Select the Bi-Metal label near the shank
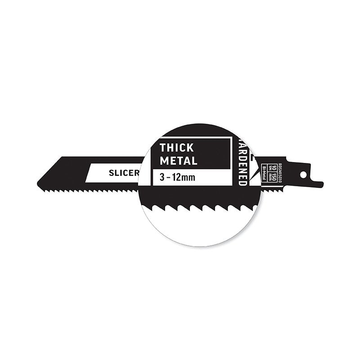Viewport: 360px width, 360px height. [x=264, y=173]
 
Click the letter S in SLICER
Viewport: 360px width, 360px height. [x=111, y=173]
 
